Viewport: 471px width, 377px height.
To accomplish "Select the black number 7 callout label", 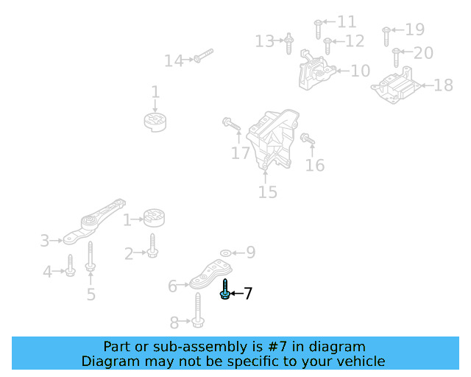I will point(248,295).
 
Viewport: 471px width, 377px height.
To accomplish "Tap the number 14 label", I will point(174,61).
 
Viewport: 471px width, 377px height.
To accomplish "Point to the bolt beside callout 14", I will point(203,56).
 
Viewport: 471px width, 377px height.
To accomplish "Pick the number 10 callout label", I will point(360,71).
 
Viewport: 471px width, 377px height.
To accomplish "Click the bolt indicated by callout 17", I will point(232,127).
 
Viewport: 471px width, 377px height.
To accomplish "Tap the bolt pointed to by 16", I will point(307,138).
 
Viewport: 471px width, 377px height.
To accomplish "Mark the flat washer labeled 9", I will point(225,253).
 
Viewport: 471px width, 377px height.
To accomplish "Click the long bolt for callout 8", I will point(199,310).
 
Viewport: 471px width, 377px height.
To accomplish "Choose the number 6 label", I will point(173,286).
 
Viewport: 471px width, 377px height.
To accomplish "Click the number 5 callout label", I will point(91,295).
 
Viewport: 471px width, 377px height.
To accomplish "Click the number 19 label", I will point(415,30).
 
